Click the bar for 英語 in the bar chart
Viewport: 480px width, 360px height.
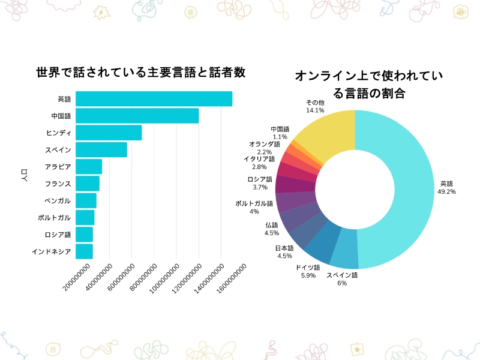click(154, 99)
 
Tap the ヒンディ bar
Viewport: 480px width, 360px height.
click(109, 133)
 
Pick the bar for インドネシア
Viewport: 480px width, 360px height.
click(84, 251)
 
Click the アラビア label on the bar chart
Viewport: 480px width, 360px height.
click(58, 167)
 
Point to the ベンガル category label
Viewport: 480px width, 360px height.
click(58, 200)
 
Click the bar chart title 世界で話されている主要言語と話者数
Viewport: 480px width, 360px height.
click(141, 73)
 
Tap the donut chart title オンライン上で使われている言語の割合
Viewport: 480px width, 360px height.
click(368, 85)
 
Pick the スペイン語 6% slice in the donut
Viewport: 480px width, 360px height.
click(344, 252)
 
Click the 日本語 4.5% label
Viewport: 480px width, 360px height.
click(284, 251)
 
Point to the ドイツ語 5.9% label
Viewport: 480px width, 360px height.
click(305, 271)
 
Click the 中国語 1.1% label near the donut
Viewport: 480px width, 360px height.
click(280, 133)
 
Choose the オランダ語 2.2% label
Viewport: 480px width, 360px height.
click(264, 148)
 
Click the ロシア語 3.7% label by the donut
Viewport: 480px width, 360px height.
click(260, 183)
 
